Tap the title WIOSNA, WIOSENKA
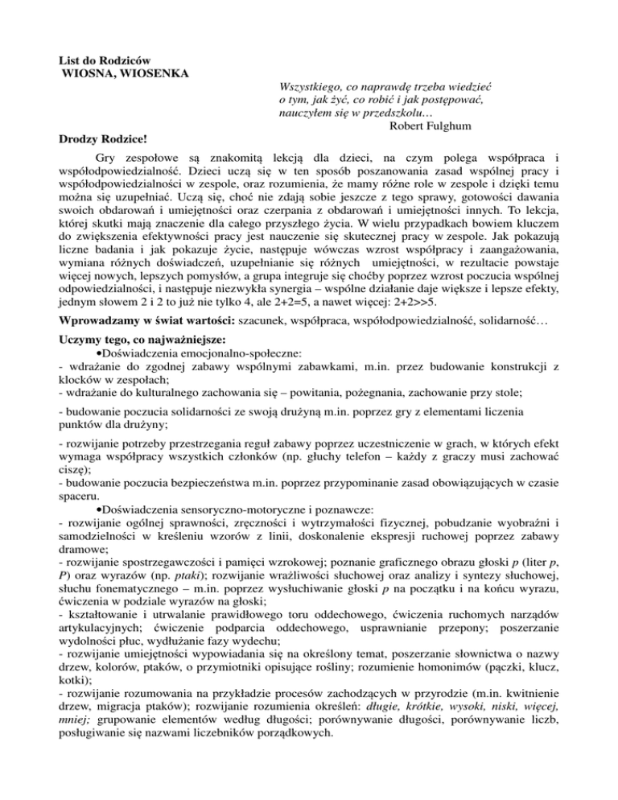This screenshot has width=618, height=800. (x=126, y=75)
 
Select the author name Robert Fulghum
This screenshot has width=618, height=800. (x=439, y=126)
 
